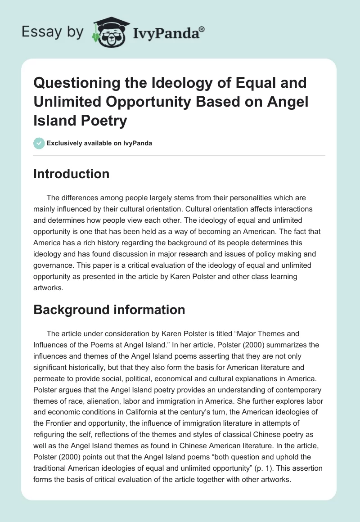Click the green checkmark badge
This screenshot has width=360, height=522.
pyautogui.click(x=39, y=143)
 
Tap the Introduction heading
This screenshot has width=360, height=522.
pyautogui.click(x=71, y=174)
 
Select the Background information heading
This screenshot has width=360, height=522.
pyautogui.click(x=109, y=309)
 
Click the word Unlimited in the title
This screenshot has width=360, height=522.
pyautogui.click(x=75, y=102)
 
